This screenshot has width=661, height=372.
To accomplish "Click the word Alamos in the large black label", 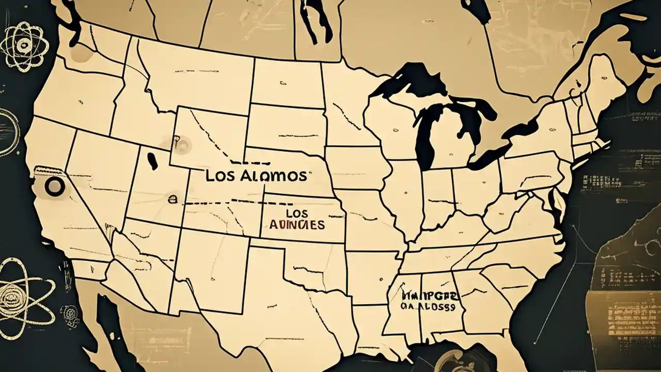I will tap(273, 176).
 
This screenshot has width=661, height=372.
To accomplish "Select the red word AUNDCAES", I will tap(297, 225).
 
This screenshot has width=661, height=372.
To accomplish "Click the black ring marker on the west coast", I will tap(54, 187).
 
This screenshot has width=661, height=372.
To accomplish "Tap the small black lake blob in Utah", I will tap(152, 161).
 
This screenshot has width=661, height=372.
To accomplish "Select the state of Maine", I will tap(602, 83).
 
